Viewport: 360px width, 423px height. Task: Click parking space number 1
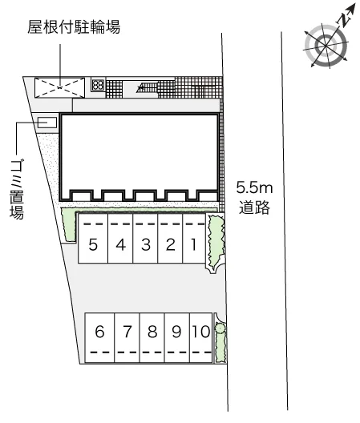click(x=194, y=238)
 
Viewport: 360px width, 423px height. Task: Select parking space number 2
click(x=170, y=238)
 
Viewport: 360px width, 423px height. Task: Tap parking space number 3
click(x=145, y=238)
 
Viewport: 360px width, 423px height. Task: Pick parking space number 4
click(x=120, y=238)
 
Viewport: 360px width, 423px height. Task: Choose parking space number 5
click(x=93, y=238)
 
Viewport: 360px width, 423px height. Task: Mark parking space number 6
click(x=99, y=338)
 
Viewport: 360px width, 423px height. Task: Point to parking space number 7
click(x=127, y=338)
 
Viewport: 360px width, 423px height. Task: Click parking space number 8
click(x=152, y=338)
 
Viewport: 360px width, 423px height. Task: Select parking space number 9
click(x=177, y=338)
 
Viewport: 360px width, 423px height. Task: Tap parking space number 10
click(x=201, y=338)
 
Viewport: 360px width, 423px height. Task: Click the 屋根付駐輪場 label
click(x=74, y=27)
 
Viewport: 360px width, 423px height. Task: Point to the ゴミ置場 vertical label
click(x=17, y=189)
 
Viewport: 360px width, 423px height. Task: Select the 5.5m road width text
click(x=254, y=187)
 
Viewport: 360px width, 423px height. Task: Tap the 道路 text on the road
click(x=254, y=207)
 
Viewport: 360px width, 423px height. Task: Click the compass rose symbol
click(x=326, y=46)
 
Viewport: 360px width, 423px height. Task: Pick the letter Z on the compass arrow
click(x=343, y=20)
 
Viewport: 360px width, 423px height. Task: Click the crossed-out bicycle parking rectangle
click(x=59, y=87)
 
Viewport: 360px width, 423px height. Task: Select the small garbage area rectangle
click(x=47, y=123)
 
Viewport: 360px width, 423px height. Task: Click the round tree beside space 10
click(x=220, y=328)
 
